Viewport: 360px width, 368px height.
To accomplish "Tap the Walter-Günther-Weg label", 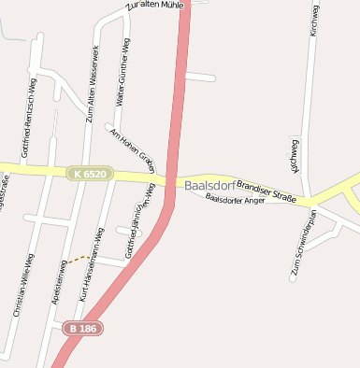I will (x=122, y=73).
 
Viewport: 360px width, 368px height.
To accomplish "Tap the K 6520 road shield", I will (x=90, y=174).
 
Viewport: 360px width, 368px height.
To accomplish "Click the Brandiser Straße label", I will (x=266, y=191).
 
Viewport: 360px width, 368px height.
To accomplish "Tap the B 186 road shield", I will (x=83, y=329).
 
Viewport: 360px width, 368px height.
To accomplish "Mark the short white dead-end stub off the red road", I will (x=200, y=77).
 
